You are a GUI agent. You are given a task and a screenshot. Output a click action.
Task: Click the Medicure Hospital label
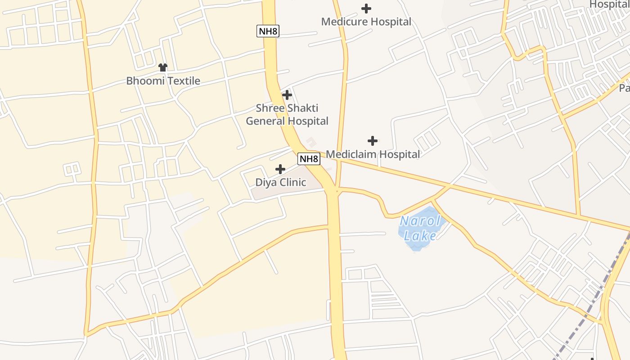pos(366,22)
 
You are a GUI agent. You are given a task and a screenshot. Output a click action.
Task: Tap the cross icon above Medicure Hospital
pos(366,8)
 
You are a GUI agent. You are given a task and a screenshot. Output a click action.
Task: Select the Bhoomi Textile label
pos(163,81)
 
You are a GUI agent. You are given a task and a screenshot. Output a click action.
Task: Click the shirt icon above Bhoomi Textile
pos(163,67)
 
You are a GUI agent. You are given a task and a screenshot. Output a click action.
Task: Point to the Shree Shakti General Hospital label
pos(287,114)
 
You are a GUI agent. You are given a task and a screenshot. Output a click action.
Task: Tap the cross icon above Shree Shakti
pos(287,95)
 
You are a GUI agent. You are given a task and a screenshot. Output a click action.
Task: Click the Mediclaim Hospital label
pos(373,154)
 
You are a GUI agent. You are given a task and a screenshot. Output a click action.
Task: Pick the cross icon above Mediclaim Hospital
pos(373,141)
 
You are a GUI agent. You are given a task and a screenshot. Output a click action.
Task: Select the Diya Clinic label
pos(280,182)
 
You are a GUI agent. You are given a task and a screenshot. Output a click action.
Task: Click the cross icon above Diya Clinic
pos(280,169)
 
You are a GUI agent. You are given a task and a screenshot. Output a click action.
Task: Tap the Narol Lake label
pos(420,228)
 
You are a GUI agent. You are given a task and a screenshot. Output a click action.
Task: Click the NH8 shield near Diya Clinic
pos(309,159)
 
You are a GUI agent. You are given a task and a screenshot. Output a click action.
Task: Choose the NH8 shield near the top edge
pos(268,31)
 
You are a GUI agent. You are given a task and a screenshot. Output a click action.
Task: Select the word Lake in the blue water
pos(420,236)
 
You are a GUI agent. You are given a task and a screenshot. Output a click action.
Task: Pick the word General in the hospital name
pos(265,121)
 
